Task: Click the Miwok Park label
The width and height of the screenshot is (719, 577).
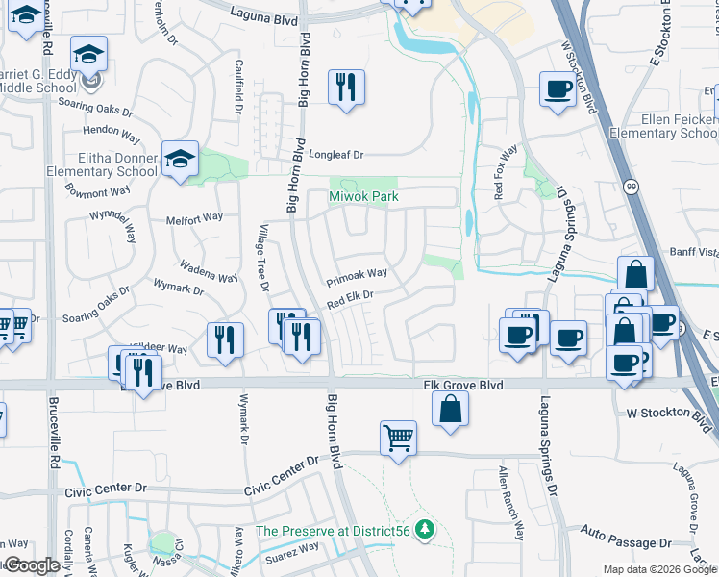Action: pos(363,197)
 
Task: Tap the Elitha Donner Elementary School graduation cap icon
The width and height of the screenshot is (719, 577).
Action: pos(180,160)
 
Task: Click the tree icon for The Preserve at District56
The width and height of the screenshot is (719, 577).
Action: pos(424,531)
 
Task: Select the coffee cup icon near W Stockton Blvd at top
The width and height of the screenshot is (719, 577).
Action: pos(558,90)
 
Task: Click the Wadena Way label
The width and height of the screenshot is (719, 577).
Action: pos(209,270)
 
